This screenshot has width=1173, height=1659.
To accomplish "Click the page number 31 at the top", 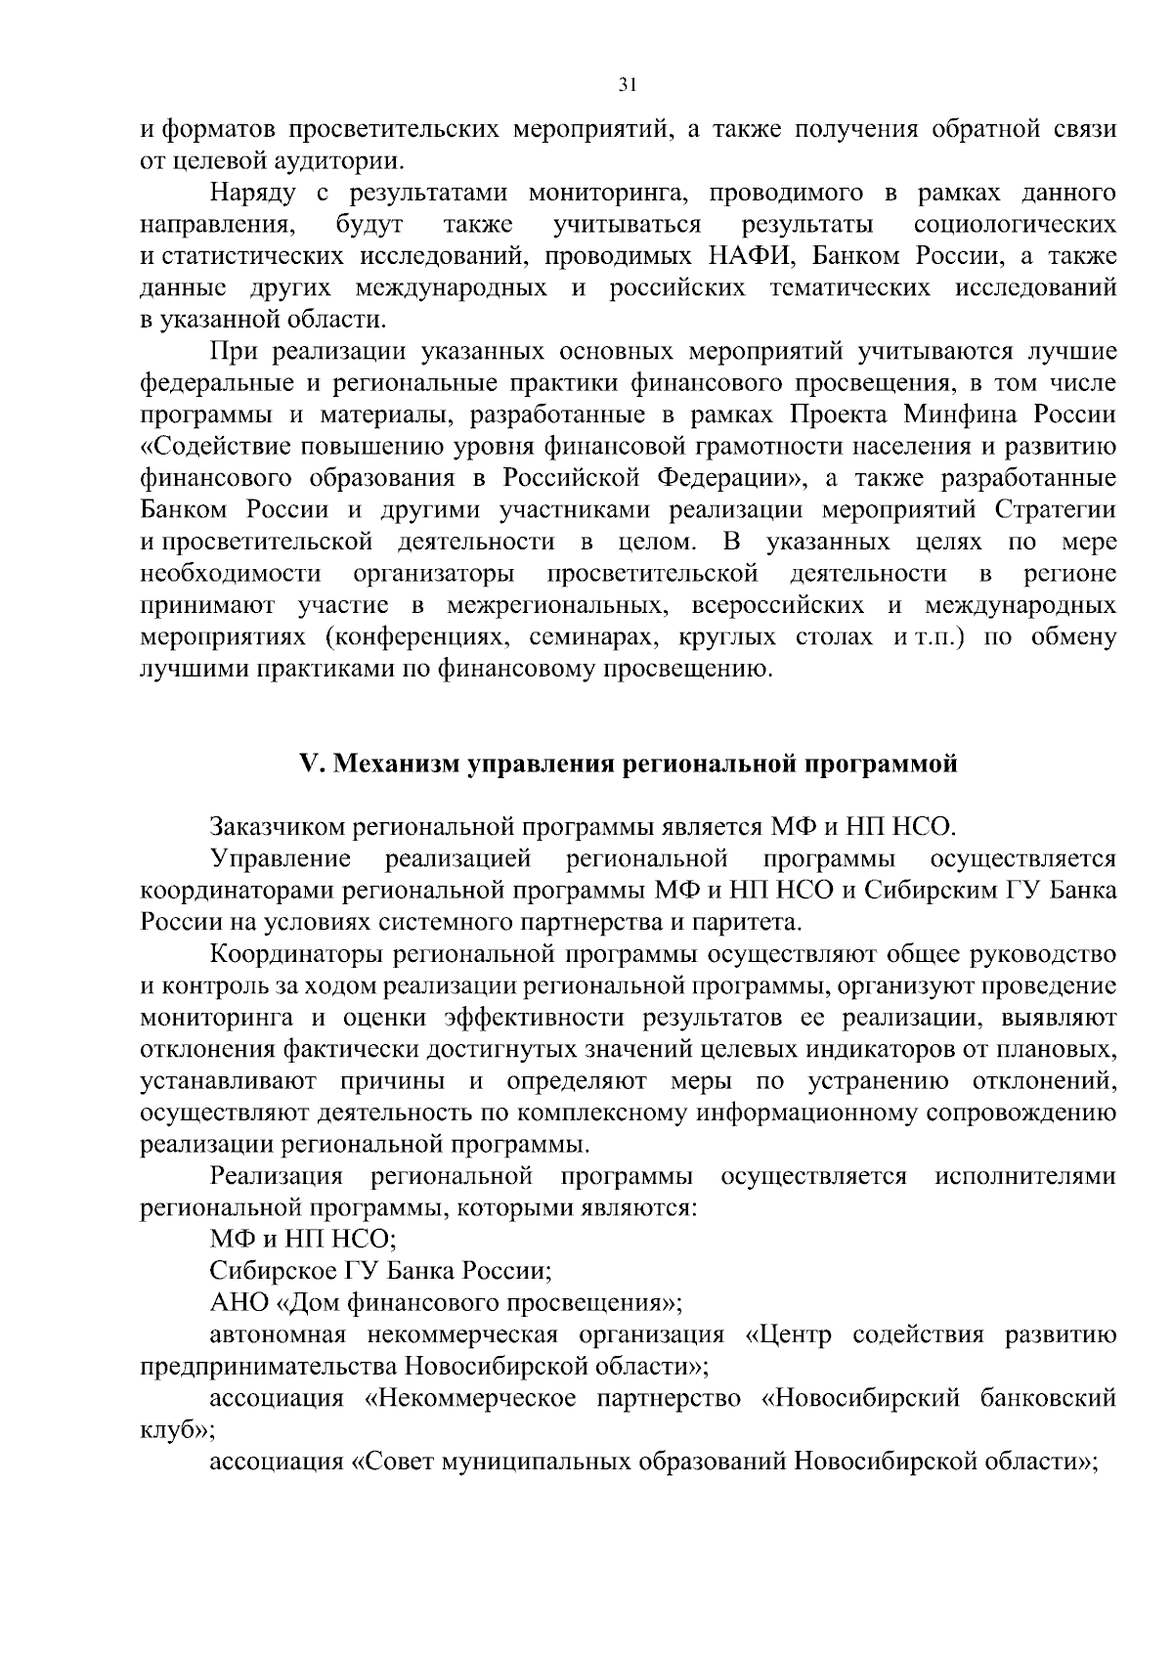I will pyautogui.click(x=628, y=85).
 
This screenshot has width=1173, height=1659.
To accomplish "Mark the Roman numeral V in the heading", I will pyautogui.click(x=308, y=764).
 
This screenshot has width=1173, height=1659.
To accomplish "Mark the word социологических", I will pyautogui.click(x=1015, y=225).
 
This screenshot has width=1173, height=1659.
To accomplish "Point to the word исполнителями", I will pyautogui.click(x=1024, y=1175).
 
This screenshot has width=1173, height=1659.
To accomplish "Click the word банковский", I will pyautogui.click(x=1047, y=1398).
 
